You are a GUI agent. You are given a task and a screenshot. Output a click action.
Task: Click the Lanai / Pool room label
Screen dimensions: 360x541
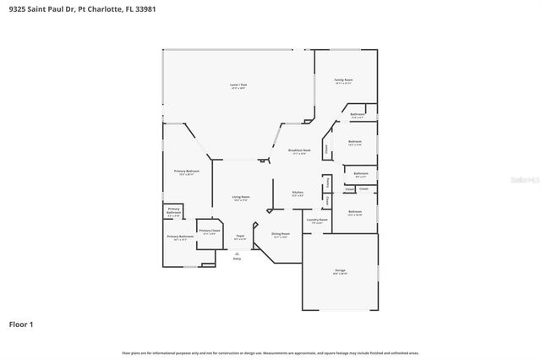tap(238, 85)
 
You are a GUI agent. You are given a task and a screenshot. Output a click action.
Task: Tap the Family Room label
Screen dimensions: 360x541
tap(343, 80)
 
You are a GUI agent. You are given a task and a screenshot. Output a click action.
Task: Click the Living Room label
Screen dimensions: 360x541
tap(241, 198)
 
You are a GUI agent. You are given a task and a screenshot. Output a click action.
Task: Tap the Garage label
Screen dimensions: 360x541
tap(339, 271)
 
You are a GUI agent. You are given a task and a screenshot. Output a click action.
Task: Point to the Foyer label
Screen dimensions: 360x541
tap(240, 237)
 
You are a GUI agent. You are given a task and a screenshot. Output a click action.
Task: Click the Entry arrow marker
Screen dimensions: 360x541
tap(237, 252)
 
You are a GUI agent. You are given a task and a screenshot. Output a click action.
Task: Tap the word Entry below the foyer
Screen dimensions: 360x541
tap(237, 258)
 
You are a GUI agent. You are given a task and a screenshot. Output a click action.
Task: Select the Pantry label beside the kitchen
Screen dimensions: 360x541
tap(326, 183)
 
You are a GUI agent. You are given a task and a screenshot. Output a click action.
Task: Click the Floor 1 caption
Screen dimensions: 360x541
tap(21, 324)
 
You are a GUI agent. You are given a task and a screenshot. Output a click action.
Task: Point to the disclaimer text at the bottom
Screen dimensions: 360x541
tap(270, 352)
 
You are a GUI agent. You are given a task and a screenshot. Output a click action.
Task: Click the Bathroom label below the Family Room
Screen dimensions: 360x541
tap(358, 114)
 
